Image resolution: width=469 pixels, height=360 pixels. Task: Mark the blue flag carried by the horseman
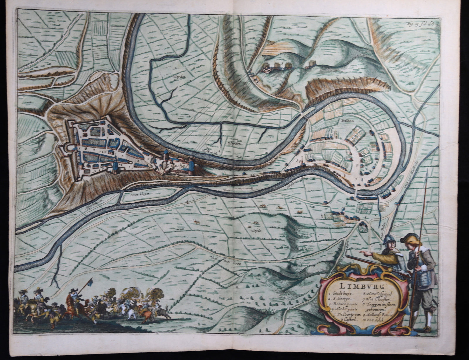pyautogui.click(x=90, y=282)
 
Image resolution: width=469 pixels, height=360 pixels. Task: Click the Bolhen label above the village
pyautogui.click(x=342, y=120)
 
